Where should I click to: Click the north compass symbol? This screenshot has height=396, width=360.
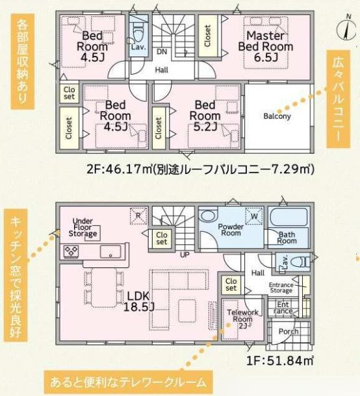coord(347,29)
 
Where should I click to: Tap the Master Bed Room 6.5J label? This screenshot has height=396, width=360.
coord(266,47)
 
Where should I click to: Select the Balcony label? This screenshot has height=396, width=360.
coord(277,116)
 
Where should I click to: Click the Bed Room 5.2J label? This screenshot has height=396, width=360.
coord(205,116)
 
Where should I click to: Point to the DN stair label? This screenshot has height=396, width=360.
coord(162,52)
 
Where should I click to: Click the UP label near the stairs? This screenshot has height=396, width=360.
coord(185,255)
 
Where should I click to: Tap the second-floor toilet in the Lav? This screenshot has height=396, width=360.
coord(138,34)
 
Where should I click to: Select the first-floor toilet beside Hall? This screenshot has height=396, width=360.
coord(300,262)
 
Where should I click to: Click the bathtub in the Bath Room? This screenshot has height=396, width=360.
coord(289,217)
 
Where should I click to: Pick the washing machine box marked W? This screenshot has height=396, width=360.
coord(254,216)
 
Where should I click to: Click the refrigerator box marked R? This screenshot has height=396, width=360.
coord(138,216)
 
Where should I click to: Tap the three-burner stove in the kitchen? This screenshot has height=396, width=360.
coord(71,251)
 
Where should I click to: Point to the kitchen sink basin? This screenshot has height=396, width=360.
coord(110,252)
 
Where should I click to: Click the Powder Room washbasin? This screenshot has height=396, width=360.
coord(208,216)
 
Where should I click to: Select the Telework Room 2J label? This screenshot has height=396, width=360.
coord(242,319)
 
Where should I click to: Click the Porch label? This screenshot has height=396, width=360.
coord(289,331)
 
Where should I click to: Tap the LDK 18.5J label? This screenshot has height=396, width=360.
coord(138,301)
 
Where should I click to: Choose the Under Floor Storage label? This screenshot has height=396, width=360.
coord(83,227)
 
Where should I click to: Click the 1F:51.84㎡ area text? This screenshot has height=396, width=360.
coord(280,361)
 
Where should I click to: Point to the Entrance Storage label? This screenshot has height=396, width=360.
coord(281,288)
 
